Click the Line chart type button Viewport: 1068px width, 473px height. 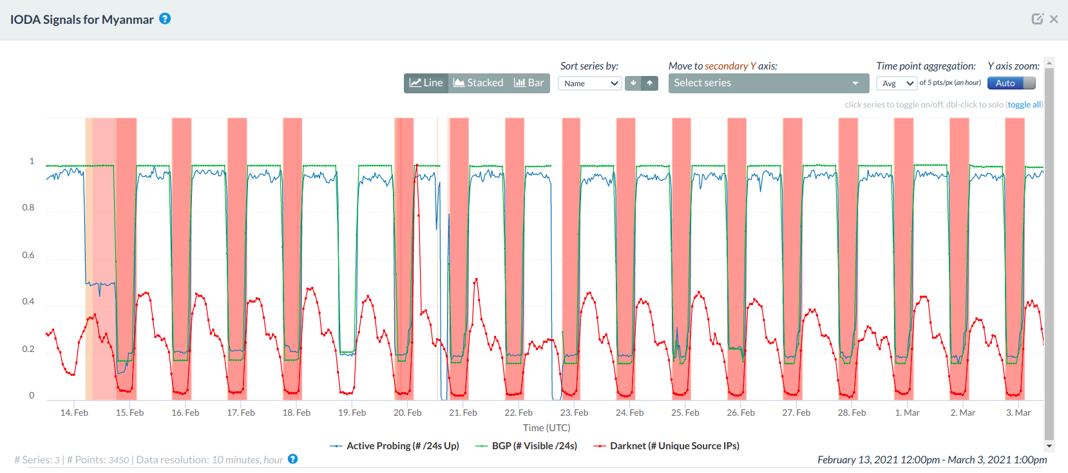coord(426,83)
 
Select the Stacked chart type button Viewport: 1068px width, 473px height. coord(479,83)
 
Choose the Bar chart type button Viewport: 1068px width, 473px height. coord(529,83)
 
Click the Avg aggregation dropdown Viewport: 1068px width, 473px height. coord(897,84)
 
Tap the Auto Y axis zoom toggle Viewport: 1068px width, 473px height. coord(1011,83)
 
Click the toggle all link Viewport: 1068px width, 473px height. coord(1024,105)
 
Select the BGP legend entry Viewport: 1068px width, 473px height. coord(533,446)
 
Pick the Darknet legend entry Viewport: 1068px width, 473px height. coord(674,446)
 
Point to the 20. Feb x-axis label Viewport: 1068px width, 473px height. coord(408,413)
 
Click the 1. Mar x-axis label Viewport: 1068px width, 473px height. coord(907,413)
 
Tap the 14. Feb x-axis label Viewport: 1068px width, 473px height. coord(74,413)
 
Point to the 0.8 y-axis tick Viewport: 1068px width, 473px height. coord(28,208)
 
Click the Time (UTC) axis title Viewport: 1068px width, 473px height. coord(546,428)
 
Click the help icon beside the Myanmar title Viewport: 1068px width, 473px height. coord(166,19)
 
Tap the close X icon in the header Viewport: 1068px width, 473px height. coord(1054,19)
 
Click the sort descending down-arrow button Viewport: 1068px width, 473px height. coord(633,83)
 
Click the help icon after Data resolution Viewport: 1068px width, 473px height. coord(293,459)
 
